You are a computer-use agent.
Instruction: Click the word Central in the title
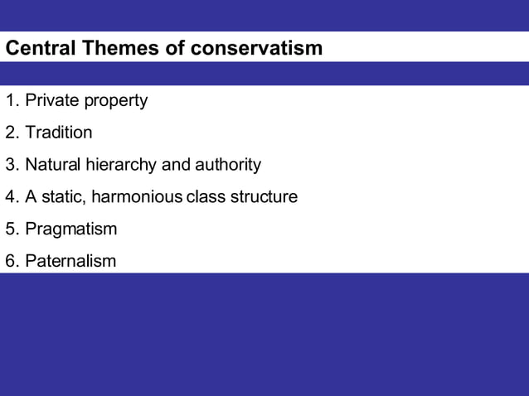tap(41, 48)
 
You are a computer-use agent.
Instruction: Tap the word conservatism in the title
tap(256, 48)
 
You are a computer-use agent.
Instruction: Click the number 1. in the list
tap(12, 100)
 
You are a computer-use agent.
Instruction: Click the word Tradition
tap(59, 133)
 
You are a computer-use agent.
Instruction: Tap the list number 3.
tap(12, 165)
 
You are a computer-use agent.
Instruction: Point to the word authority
tap(227, 165)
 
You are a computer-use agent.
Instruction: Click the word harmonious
tap(138, 197)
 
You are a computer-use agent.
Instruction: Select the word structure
tap(263, 197)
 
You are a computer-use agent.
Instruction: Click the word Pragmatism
tap(71, 229)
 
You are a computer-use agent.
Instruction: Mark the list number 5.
tap(12, 229)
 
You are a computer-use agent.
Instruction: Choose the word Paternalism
tap(70, 262)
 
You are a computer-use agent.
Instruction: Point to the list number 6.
tap(12, 262)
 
